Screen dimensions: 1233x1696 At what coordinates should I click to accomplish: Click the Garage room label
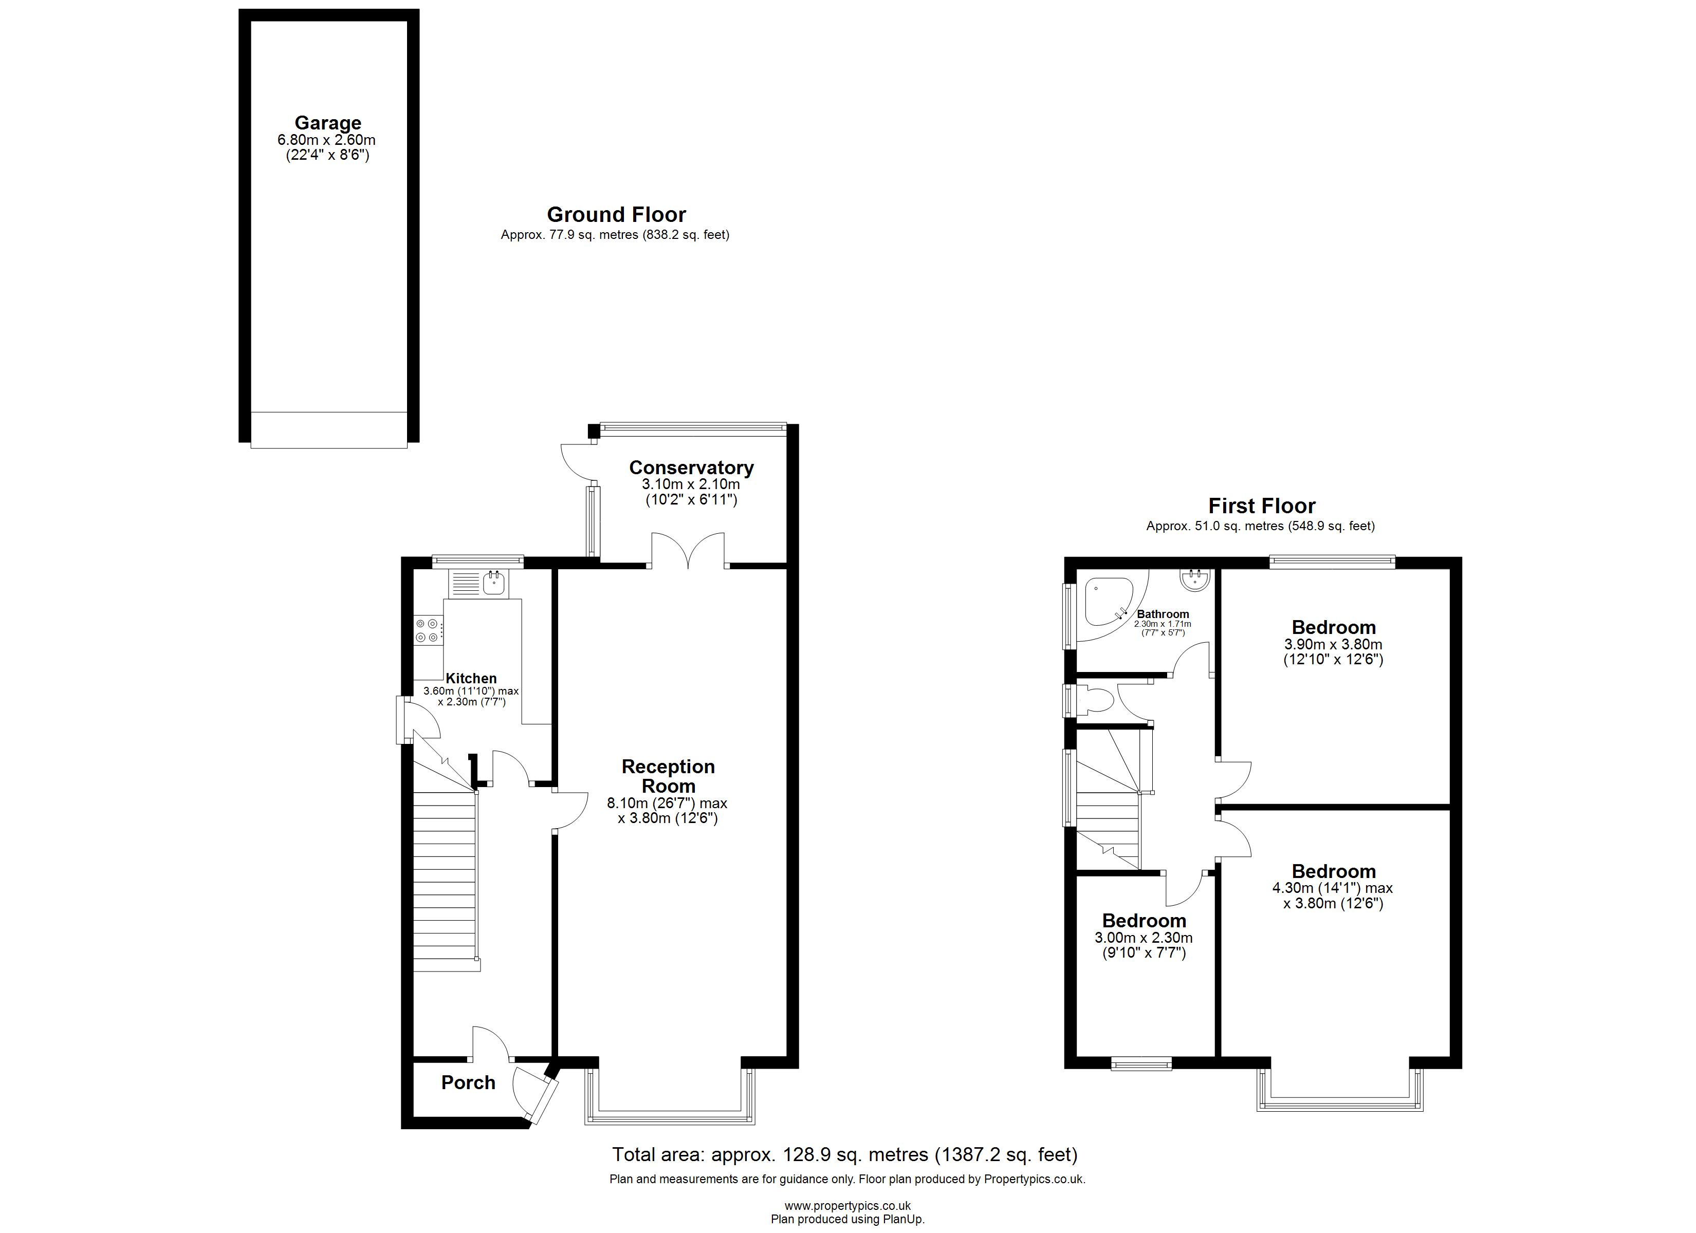(x=327, y=123)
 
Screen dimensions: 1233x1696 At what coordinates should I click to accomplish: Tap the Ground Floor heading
(x=616, y=215)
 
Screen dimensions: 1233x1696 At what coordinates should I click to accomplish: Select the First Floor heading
(x=1262, y=506)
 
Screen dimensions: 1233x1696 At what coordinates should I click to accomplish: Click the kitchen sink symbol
(x=493, y=583)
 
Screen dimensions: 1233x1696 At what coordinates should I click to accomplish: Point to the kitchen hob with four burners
(x=428, y=629)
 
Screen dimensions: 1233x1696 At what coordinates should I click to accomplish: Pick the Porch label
(x=468, y=1082)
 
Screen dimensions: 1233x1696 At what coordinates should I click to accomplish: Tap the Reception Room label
(x=668, y=776)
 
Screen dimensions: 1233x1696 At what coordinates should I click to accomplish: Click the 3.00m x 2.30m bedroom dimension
(x=1144, y=938)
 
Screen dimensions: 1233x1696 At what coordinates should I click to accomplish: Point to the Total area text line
(x=845, y=1154)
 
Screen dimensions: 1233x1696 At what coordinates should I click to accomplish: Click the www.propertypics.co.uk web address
(x=847, y=1205)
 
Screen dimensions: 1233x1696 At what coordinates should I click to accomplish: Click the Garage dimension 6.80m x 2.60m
(x=327, y=140)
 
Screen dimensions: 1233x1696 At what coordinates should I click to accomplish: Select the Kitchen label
(x=471, y=678)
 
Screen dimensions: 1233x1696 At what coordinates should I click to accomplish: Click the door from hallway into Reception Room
(x=570, y=811)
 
